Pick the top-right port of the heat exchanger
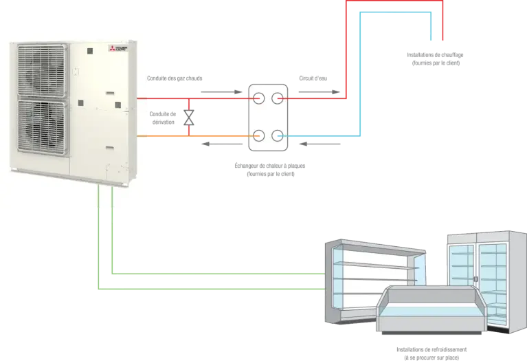click(x=278, y=98)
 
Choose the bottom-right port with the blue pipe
click(x=278, y=135)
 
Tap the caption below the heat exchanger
click(x=269, y=170)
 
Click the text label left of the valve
click(x=162, y=118)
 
